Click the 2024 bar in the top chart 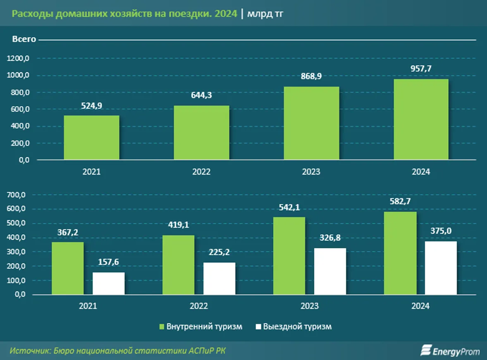[x=421, y=119]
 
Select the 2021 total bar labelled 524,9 [x=91, y=138]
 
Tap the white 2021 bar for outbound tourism [x=108, y=284]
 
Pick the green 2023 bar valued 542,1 [x=289, y=256]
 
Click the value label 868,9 [x=311, y=76]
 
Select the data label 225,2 [x=219, y=252]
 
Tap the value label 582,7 [x=400, y=201]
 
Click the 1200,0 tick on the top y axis [x=18, y=59]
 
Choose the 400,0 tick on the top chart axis [x=18, y=126]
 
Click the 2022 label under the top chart [x=201, y=172]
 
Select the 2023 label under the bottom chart [x=309, y=306]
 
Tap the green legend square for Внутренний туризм [x=162, y=327]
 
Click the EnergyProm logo [x=450, y=351]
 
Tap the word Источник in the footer [x=29, y=350]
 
